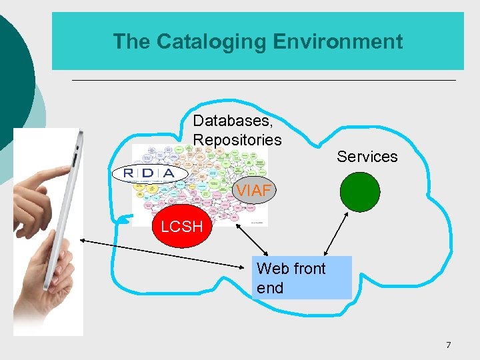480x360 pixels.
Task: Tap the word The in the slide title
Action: (x=131, y=41)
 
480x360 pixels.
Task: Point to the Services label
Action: (x=367, y=157)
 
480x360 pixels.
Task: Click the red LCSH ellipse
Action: (x=182, y=227)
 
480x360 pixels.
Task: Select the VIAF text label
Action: (x=254, y=191)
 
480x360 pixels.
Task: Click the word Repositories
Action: (x=237, y=140)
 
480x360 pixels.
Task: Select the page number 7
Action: (x=448, y=345)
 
